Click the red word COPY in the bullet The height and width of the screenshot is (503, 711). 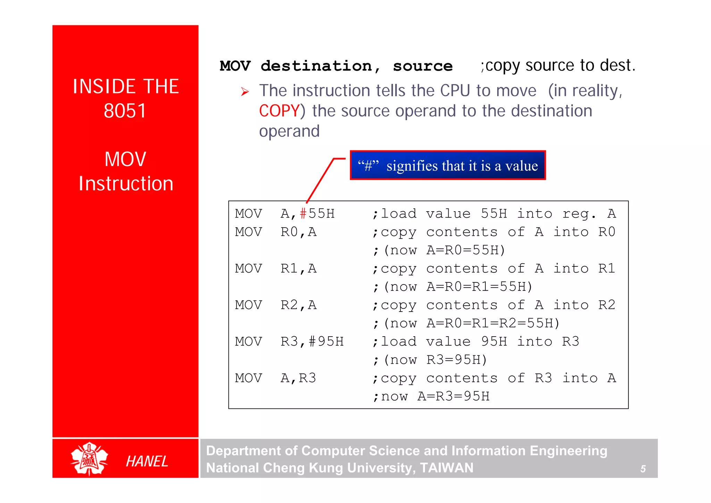[x=279, y=111]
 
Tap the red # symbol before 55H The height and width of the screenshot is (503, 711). [x=303, y=214]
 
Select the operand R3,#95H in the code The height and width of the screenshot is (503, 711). [x=312, y=341]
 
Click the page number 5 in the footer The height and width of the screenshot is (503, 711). [x=643, y=469]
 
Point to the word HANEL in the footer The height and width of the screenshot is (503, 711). [x=147, y=461]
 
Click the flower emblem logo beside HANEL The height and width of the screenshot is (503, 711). [x=89, y=459]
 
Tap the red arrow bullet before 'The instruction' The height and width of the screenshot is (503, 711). [x=245, y=92]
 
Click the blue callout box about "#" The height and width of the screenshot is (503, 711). [x=447, y=165]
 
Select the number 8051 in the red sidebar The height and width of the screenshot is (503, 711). [x=125, y=111]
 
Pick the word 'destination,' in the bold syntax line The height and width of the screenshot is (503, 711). [x=320, y=66]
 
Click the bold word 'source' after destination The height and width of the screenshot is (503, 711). [x=423, y=66]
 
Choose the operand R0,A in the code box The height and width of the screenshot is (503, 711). [x=298, y=232]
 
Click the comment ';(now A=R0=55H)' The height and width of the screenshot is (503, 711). [x=439, y=250]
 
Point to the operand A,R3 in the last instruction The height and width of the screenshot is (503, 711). [x=298, y=378]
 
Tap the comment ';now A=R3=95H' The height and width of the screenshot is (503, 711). [x=431, y=396]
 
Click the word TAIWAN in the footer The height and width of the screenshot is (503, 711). [x=446, y=468]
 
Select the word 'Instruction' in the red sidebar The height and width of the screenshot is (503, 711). [x=126, y=183]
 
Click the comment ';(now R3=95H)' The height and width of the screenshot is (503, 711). [x=430, y=360]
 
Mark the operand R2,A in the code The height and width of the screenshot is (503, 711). [x=298, y=305]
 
